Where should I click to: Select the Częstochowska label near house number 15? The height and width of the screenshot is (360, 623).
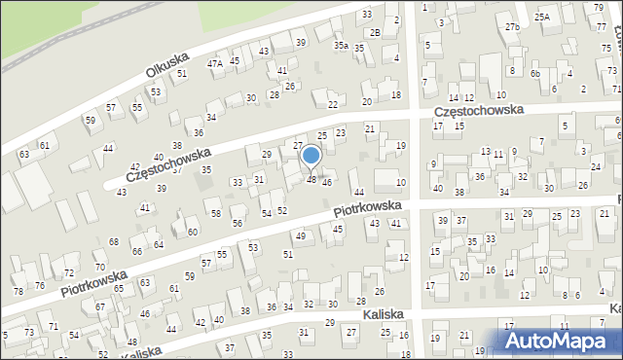click(479, 111)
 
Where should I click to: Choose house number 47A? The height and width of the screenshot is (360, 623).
click(215, 63)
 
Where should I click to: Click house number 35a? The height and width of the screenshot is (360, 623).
click(341, 46)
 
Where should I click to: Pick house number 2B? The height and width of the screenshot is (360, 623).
click(375, 33)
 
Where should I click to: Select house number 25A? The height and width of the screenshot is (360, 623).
click(542, 17)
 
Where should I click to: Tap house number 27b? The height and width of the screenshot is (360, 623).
click(512, 27)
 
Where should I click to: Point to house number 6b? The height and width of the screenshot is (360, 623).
click(535, 73)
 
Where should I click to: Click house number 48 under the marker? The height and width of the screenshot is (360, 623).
click(311, 179)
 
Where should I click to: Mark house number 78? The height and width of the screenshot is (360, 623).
click(18, 292)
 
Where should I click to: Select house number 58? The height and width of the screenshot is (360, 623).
click(216, 213)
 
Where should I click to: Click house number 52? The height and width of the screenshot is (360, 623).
click(282, 210)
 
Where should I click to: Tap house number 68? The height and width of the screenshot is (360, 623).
click(114, 241)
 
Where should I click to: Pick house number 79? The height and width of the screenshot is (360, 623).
click(597, 8)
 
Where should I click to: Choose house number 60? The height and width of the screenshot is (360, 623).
click(193, 232)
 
